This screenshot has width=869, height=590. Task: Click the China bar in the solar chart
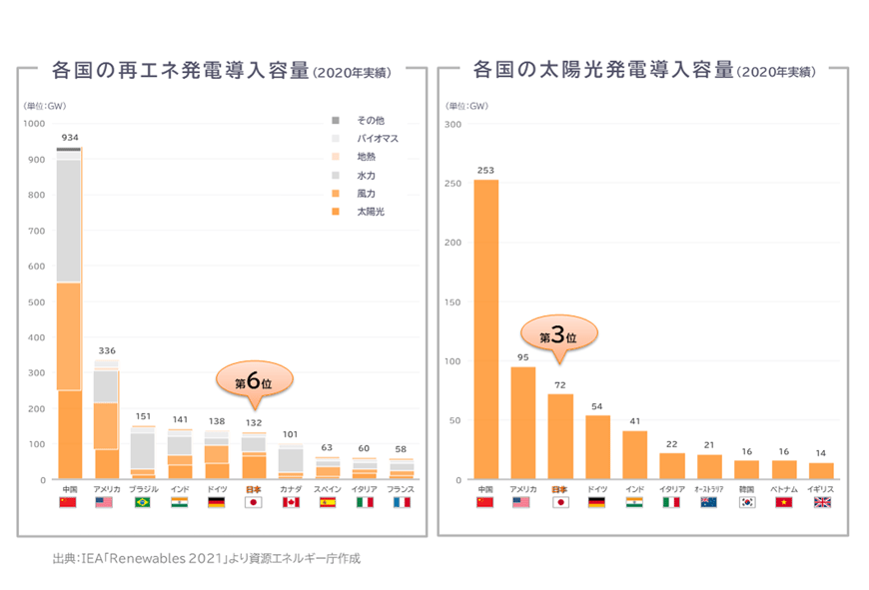[485, 329]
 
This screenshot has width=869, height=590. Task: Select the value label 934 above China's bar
[69, 137]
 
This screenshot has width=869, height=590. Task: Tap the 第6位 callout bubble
[255, 381]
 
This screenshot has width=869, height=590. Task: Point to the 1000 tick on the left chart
[35, 124]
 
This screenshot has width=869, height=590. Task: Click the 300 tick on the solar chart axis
[452, 124]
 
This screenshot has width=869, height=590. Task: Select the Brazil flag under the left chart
[144, 502]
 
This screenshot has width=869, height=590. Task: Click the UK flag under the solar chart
[821, 502]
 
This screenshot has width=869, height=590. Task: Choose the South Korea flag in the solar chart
[746, 502]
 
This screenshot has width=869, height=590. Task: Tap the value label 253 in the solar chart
[485, 170]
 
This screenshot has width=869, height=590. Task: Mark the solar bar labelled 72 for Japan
[560, 436]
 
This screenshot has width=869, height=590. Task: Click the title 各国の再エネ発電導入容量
[180, 72]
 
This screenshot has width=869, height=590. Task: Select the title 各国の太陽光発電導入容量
[602, 72]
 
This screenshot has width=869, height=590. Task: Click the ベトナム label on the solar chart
[784, 489]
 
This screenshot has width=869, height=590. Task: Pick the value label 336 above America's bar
[106, 350]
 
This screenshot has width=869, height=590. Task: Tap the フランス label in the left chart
[401, 489]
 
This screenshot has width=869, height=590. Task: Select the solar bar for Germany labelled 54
[597, 447]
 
